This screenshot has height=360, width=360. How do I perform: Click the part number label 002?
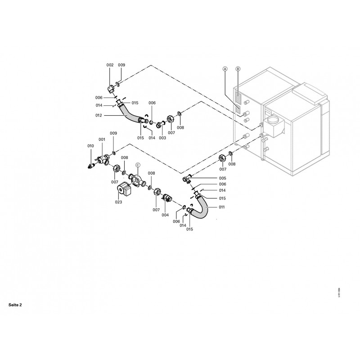point(110,66)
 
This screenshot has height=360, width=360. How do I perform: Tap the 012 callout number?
point(99,116)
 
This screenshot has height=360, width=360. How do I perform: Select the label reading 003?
point(162,138)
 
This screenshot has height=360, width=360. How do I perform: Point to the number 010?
point(90,146)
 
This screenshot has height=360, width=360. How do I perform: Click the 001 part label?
point(102,139)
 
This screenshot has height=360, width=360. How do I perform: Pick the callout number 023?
point(118,202)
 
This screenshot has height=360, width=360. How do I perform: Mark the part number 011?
point(221,207)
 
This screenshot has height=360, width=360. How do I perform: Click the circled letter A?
point(225,69)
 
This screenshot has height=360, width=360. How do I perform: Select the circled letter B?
point(238,69)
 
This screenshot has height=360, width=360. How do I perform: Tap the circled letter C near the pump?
point(138,165)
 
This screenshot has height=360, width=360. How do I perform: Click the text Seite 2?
point(15,305)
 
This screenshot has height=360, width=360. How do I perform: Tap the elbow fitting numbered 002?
point(111,87)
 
